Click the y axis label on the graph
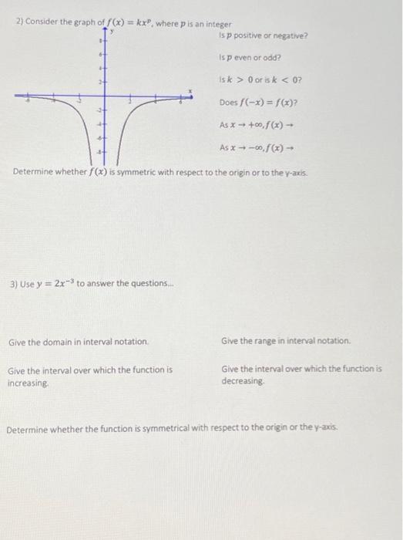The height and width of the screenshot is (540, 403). coord(112,32)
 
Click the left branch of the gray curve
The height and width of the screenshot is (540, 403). coord(89,116)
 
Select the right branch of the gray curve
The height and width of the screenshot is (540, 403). coord(124,116)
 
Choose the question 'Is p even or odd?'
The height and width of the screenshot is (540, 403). coord(250,57)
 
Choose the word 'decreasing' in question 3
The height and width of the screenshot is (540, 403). coord(243,382)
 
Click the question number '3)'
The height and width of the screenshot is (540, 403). coord(15,284)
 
